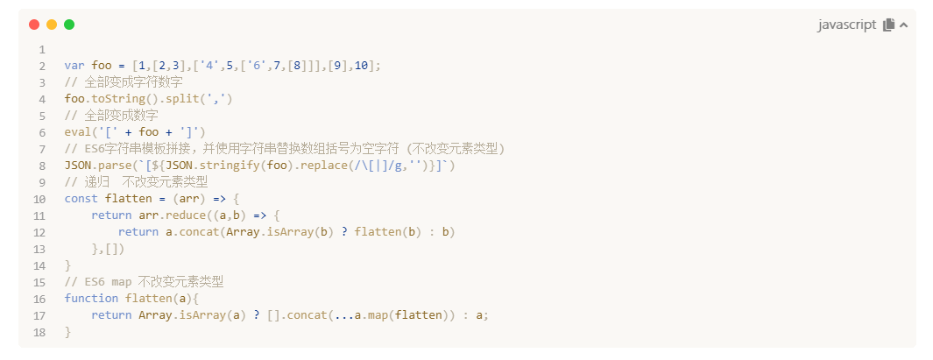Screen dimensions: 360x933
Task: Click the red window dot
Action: (x=34, y=25)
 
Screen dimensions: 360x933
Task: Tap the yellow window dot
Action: (x=52, y=25)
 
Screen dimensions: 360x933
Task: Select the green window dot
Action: (x=69, y=25)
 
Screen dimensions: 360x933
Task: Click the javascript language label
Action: (x=846, y=25)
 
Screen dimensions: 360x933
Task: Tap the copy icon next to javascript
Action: (x=888, y=25)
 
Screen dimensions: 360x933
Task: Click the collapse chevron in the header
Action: (x=903, y=25)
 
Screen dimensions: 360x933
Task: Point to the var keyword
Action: (x=74, y=65)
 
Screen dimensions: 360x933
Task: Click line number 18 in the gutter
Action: (x=39, y=333)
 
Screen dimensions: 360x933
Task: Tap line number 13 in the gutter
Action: (x=39, y=249)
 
